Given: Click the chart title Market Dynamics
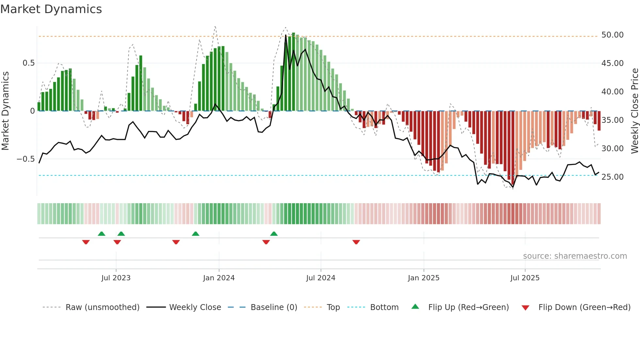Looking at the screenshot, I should pos(51,9).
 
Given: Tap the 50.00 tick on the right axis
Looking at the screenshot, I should pos(612,35).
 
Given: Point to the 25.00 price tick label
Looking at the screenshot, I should pos(612,177).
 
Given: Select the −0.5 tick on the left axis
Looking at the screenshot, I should pos(25,159).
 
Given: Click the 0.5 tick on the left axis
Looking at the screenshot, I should pos(28,63).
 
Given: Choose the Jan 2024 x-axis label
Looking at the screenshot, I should pos(219,278).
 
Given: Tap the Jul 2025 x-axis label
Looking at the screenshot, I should pos(525,278).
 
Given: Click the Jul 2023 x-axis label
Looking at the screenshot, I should pos(116,278).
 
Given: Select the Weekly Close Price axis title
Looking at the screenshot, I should pos(634,111).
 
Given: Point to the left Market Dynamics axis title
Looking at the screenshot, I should pos(5,111).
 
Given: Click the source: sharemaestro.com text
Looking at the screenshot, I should pos(575,256).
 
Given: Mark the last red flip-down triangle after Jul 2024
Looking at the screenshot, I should pos(356,242).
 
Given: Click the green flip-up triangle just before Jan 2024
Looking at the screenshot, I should pos(196,234).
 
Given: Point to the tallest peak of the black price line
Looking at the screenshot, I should pos(286,35).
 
